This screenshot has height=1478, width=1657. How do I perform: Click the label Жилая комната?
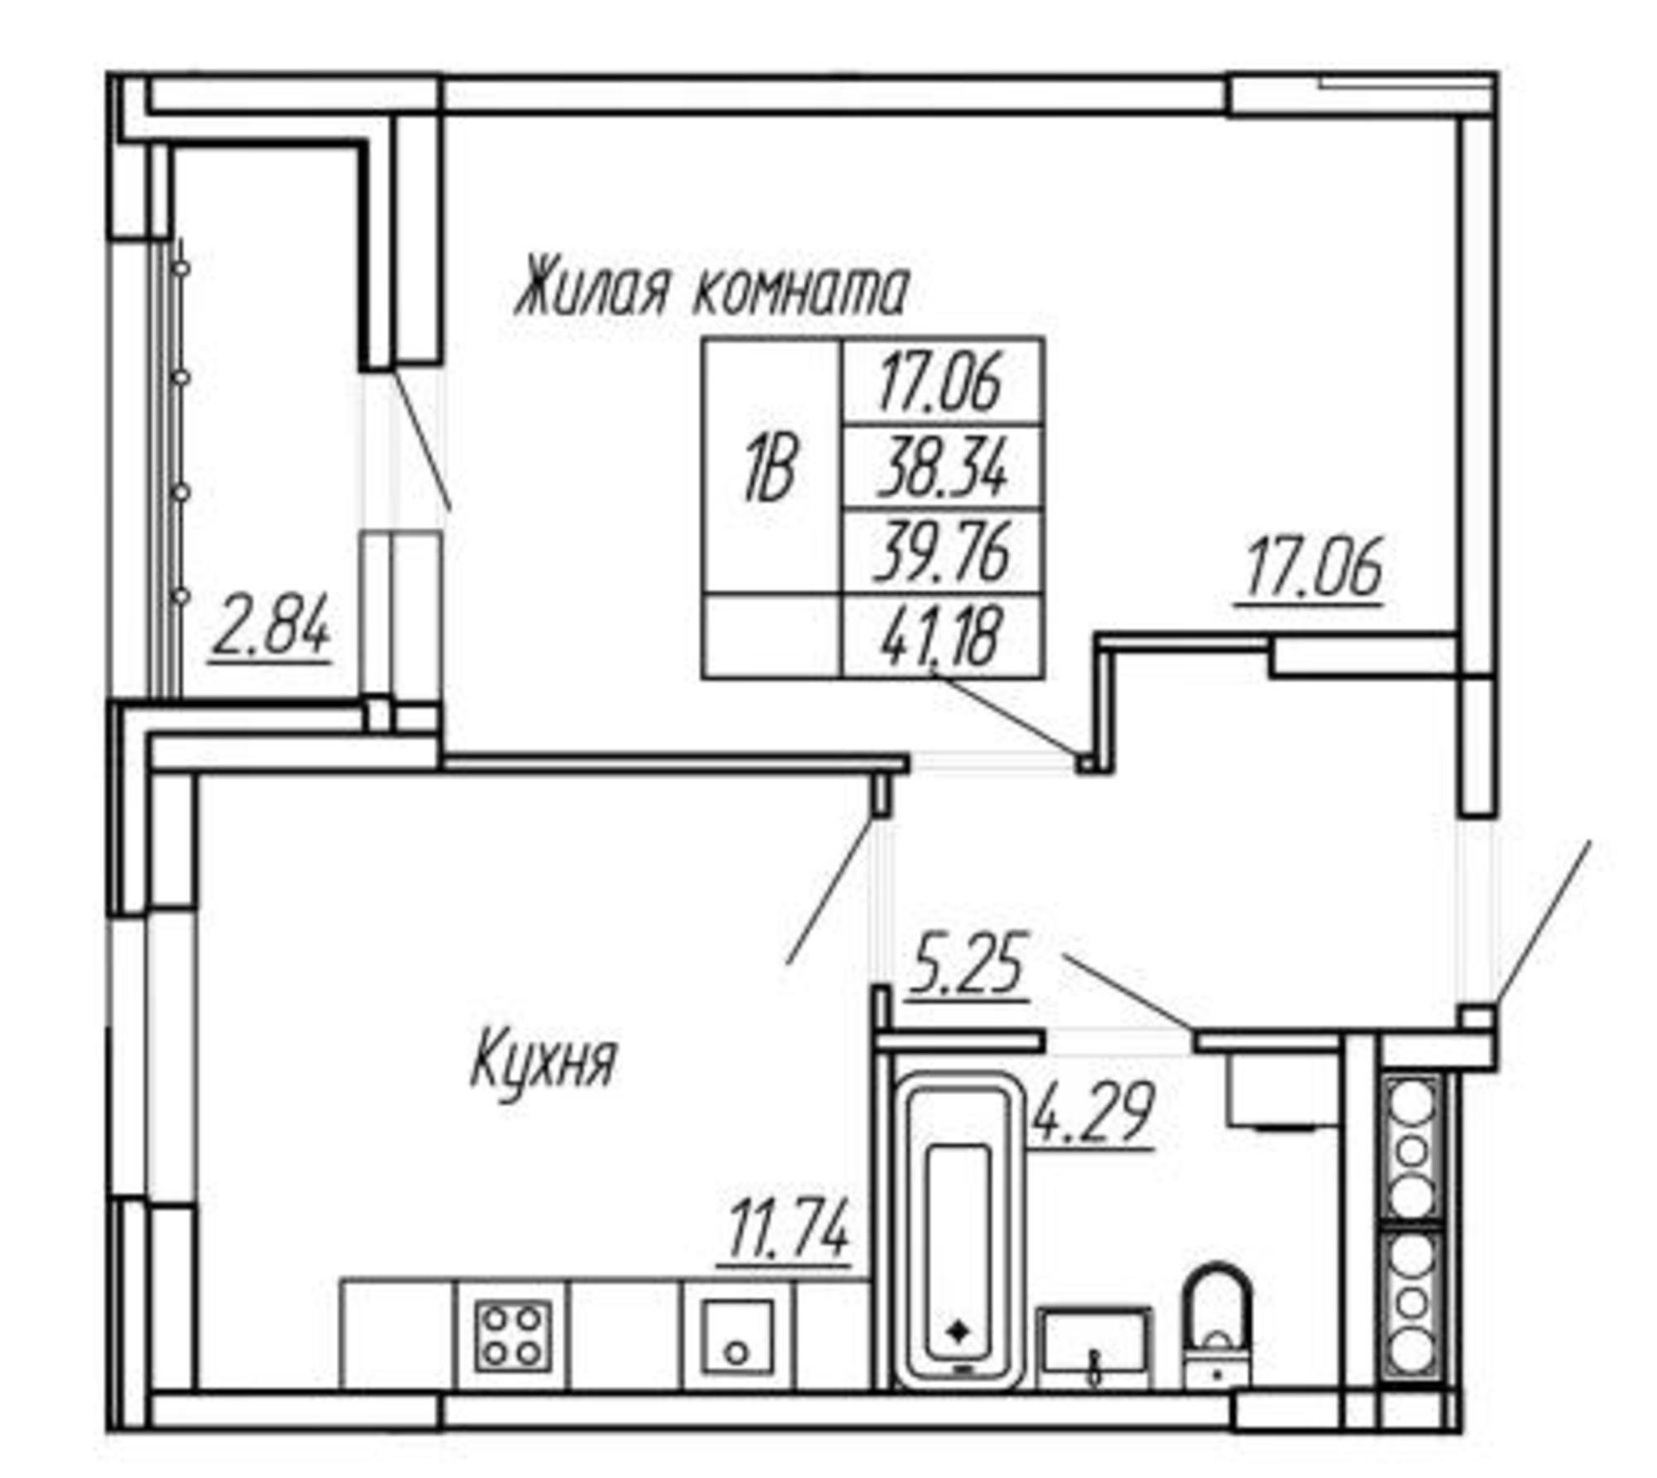click(x=712, y=291)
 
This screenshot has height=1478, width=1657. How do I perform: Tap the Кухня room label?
click(x=543, y=1063)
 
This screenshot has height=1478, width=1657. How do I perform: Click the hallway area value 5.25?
click(x=967, y=964)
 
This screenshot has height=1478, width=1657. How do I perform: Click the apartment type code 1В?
click(x=770, y=471)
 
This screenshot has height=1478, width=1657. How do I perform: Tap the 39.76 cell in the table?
click(x=942, y=550)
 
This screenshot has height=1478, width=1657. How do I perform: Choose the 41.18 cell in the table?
click(x=942, y=635)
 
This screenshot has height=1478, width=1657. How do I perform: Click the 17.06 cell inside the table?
click(x=941, y=382)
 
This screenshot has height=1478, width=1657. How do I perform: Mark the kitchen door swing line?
click(x=831, y=891)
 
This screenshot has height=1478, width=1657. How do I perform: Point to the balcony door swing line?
click(x=422, y=439)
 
